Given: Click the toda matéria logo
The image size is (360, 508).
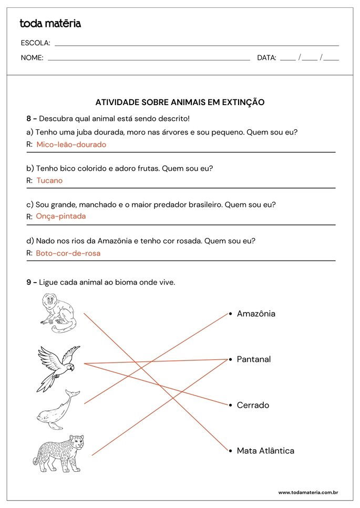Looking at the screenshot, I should (50, 24).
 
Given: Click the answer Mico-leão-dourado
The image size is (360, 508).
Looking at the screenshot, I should (71, 144).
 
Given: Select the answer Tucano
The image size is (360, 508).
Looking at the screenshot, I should (49, 181).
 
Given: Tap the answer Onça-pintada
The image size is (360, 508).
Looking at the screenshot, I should (60, 216).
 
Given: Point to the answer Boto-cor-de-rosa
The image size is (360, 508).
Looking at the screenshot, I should (68, 253).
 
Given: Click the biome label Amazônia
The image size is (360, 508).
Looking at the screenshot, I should (256, 314).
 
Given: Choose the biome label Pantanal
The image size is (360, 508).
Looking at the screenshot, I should (254, 359).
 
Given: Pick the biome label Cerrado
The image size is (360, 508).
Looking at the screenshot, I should (253, 405).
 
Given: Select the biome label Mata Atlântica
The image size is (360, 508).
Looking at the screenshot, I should (265, 451).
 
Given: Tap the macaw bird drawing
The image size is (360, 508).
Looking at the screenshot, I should (58, 368).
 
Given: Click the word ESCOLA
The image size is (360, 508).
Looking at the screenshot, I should (35, 43).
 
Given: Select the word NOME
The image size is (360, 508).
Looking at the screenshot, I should (32, 58).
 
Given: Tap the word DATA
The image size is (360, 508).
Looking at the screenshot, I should (266, 58).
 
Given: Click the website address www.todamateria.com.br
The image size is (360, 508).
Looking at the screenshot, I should (307, 492).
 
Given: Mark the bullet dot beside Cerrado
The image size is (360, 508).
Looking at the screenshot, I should (230, 405).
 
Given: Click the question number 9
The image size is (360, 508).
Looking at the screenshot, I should (29, 283).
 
